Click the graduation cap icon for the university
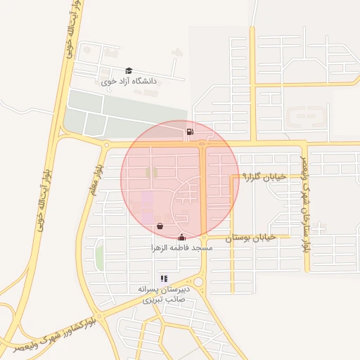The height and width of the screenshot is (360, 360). click(129, 71)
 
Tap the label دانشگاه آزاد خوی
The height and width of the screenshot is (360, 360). click(129, 82)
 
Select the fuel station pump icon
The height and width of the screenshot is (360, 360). click(190, 131)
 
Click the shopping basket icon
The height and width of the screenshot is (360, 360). click(160, 226)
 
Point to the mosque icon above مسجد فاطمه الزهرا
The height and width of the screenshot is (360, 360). click(183, 237)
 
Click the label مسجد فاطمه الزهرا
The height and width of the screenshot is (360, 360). click(182, 248)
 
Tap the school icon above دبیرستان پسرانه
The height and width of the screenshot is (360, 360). click(164, 278)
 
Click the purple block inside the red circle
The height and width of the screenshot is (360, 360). click(147, 204)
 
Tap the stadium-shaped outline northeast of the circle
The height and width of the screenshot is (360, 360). click(307, 117)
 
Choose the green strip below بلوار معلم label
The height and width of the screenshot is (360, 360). click(99, 257)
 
